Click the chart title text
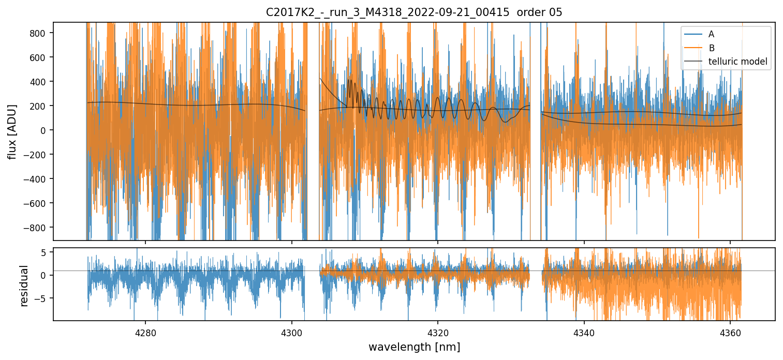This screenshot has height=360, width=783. click(x=414, y=12)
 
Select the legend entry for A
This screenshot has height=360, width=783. click(x=711, y=34)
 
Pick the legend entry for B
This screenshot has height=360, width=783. click(x=711, y=48)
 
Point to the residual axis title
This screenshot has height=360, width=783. click(x=24, y=285)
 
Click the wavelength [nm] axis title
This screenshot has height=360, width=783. click(x=414, y=347)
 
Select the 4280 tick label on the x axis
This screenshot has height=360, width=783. click(x=145, y=332)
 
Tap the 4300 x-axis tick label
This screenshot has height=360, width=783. click(x=291, y=332)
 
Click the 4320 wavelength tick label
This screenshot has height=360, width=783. click(x=437, y=332)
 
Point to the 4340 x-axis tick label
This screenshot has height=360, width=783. click(x=584, y=332)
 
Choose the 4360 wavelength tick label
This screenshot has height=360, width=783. click(x=730, y=332)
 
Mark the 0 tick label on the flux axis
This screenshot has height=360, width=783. click(x=45, y=130)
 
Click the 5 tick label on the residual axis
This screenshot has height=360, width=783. click(x=45, y=252)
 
